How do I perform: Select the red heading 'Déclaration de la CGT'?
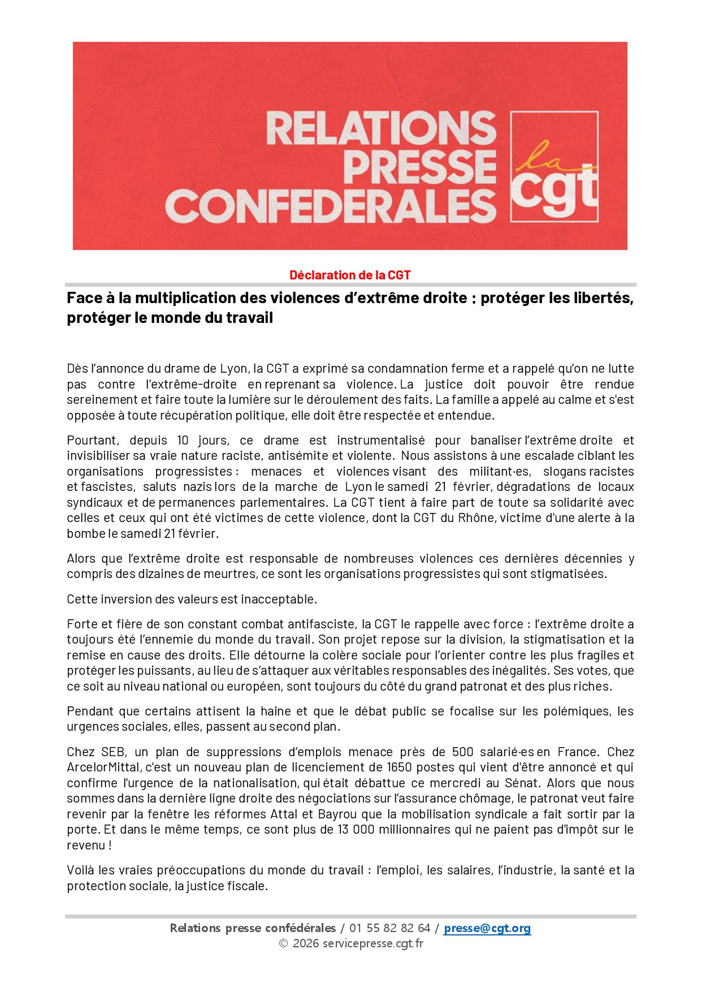tap(350, 275)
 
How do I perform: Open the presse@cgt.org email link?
tap(487, 928)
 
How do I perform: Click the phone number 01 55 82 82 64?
tap(390, 928)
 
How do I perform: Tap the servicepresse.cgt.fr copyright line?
tap(350, 943)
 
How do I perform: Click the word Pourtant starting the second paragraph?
tap(92, 440)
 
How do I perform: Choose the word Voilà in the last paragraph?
tap(80, 870)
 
